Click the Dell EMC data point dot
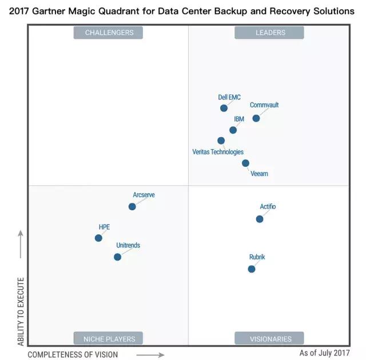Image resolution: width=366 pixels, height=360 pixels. (x=224, y=108)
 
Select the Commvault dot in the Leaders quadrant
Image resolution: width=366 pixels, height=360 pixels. (x=256, y=118)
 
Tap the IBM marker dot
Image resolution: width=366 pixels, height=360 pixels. (x=233, y=130)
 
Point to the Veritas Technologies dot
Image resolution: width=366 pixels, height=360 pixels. (x=221, y=141)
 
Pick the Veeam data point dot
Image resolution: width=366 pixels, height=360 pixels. (x=245, y=163)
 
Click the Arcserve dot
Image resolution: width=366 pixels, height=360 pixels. (x=132, y=206)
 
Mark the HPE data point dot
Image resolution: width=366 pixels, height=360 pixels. (x=98, y=238)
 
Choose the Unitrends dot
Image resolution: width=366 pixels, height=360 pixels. (x=117, y=257)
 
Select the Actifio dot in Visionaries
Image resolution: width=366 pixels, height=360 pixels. (x=260, y=219)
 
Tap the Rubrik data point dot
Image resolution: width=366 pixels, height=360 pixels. (x=252, y=269)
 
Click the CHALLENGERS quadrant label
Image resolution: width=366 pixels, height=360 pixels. (x=108, y=33)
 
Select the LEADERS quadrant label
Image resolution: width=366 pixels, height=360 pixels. (x=269, y=33)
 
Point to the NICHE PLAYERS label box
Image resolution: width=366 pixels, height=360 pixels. (x=108, y=338)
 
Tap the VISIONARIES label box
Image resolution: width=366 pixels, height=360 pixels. (x=269, y=338)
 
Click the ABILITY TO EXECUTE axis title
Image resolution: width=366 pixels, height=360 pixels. (x=21, y=311)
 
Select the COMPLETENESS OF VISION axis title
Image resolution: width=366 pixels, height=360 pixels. (x=73, y=354)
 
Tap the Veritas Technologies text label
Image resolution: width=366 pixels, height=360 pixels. (x=218, y=152)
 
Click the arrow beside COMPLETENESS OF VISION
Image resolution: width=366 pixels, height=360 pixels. (x=150, y=354)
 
